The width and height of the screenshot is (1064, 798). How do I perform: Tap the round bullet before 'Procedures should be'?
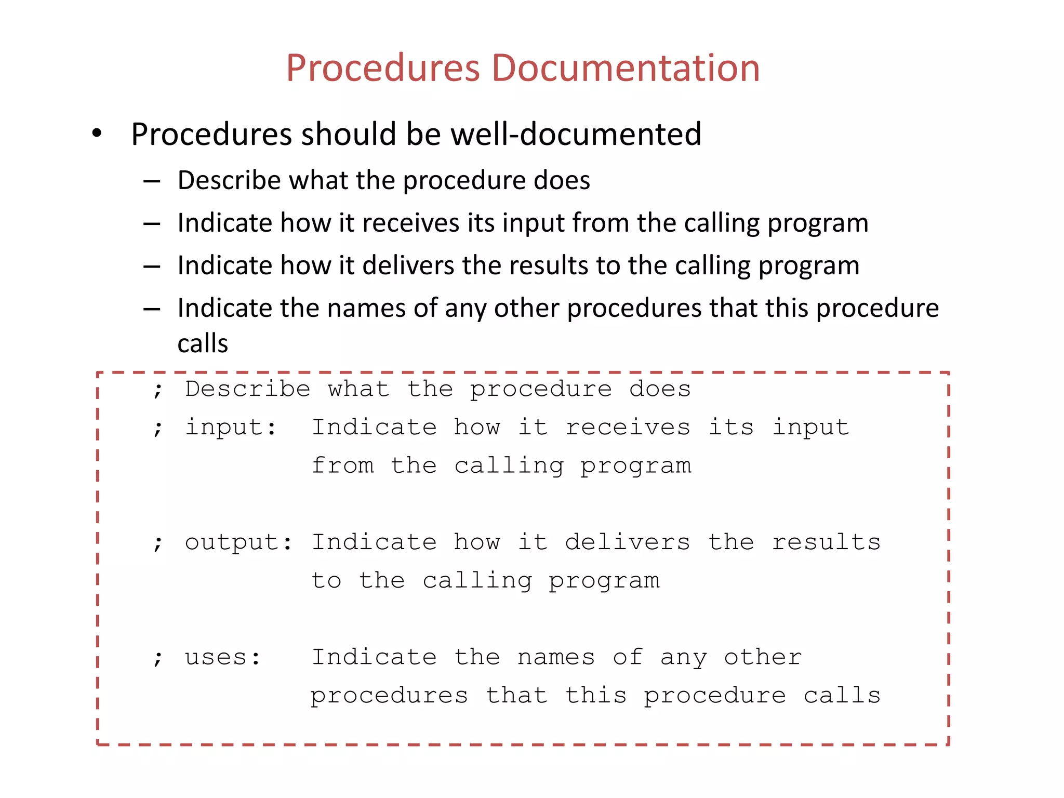click(97, 134)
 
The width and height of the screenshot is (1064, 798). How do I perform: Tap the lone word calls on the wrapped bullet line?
click(203, 343)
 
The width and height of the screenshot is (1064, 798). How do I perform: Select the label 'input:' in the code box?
click(231, 427)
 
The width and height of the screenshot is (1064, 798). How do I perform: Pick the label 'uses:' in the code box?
click(223, 657)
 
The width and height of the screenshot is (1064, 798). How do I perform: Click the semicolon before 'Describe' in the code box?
click(158, 390)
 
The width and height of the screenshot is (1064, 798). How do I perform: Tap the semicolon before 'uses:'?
click(158, 658)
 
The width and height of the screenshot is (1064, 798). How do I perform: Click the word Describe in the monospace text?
click(248, 389)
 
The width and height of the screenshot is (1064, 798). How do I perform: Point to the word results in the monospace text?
click(826, 542)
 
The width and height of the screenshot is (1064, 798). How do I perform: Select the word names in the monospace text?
click(556, 657)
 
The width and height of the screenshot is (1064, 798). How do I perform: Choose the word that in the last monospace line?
click(516, 695)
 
